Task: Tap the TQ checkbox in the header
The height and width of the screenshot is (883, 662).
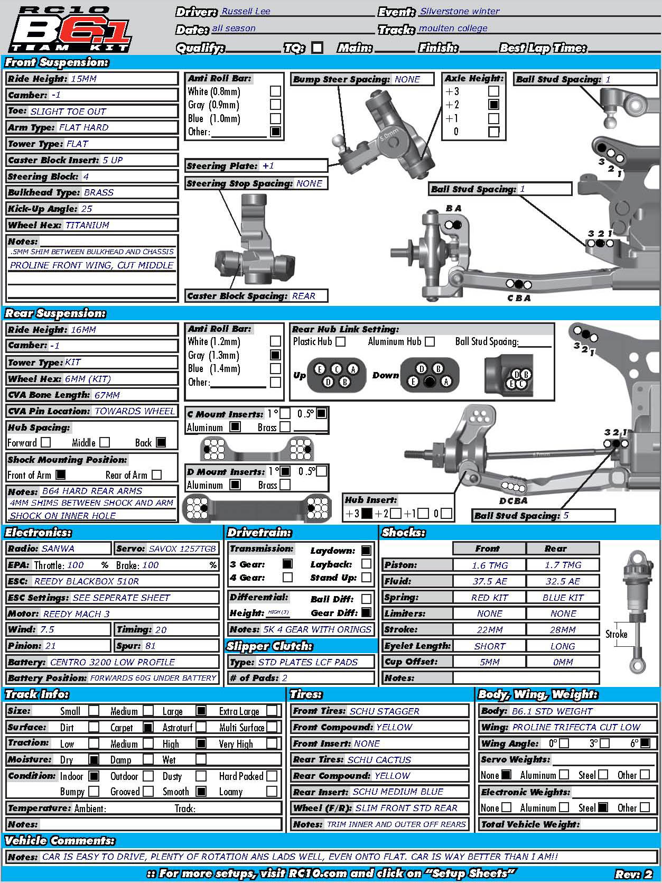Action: [x=317, y=48]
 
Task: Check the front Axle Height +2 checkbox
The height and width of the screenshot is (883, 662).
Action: [x=494, y=105]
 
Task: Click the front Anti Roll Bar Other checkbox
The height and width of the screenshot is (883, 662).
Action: [x=275, y=132]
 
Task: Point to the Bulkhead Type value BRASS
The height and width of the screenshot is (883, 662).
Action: [x=99, y=192]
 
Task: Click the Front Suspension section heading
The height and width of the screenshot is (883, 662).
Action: [x=57, y=62]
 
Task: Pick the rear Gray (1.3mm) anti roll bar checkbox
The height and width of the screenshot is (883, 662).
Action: [x=275, y=355]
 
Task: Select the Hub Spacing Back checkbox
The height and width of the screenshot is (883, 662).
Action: [x=161, y=442]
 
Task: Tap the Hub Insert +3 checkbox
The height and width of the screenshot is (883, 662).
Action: [x=367, y=513]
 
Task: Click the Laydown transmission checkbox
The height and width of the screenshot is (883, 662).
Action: [x=366, y=551]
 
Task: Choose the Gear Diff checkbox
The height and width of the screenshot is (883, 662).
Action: [x=366, y=613]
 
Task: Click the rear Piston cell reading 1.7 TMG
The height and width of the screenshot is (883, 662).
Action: [x=563, y=565]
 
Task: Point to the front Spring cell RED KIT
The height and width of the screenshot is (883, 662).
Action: [x=489, y=597]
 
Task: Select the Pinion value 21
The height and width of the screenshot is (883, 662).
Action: [x=51, y=646]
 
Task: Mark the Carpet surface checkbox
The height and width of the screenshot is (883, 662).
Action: [x=148, y=728]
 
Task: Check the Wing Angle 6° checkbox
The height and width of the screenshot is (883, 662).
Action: [x=645, y=743]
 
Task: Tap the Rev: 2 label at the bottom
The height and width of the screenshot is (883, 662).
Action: [x=633, y=874]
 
